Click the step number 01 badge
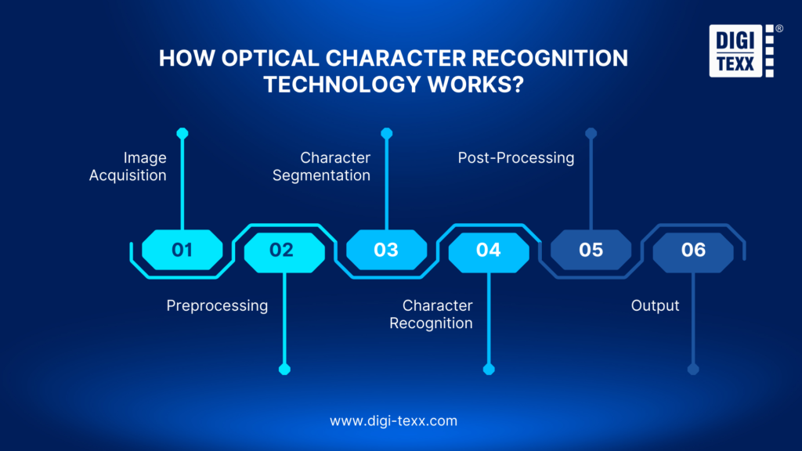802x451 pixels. tap(182, 250)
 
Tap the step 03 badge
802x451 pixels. tap(386, 250)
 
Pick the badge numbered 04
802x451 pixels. tap(488, 250)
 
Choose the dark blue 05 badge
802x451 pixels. tap(591, 250)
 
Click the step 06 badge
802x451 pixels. tap(693, 250)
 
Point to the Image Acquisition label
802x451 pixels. tap(128, 167)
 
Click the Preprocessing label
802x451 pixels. tap(217, 305)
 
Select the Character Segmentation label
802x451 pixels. tap(322, 167)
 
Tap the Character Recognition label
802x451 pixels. tap(432, 314)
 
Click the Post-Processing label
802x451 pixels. tap(516, 158)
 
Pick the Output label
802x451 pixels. tap(656, 305)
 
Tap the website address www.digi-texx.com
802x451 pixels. tap(393, 420)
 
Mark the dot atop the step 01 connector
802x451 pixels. tap(182, 133)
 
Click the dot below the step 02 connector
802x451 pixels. tap(284, 370)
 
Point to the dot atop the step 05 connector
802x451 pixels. tap(591, 133)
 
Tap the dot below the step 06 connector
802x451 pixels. tap(693, 370)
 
